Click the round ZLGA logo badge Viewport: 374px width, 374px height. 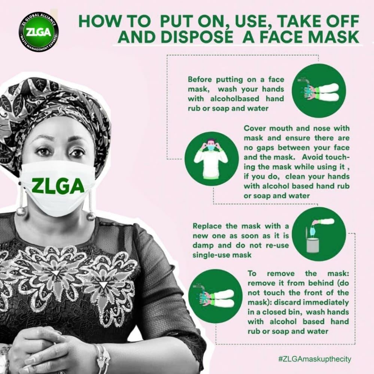click(x=39, y=32)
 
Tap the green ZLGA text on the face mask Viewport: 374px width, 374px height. click(x=58, y=186)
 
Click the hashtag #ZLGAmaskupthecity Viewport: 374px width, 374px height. click(x=314, y=359)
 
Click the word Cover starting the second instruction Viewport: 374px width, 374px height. click(x=254, y=128)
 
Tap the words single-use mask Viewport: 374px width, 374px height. click(x=222, y=255)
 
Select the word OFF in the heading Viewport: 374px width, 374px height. click(x=345, y=21)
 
